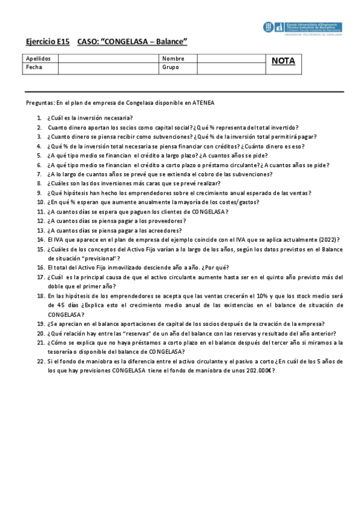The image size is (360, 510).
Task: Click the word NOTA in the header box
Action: [x=283, y=61]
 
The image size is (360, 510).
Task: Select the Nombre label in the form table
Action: [x=173, y=58]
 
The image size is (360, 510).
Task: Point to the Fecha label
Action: [x=34, y=67]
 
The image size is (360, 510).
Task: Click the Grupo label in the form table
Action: [x=171, y=67]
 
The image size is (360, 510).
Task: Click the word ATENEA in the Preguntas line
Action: [x=201, y=103]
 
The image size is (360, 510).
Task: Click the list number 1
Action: [x=39, y=118]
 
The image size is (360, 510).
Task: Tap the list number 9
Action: [x=39, y=192]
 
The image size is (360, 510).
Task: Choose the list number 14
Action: [x=40, y=239]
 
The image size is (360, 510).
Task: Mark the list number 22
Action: [x=40, y=361]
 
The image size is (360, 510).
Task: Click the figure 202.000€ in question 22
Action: [x=255, y=371]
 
